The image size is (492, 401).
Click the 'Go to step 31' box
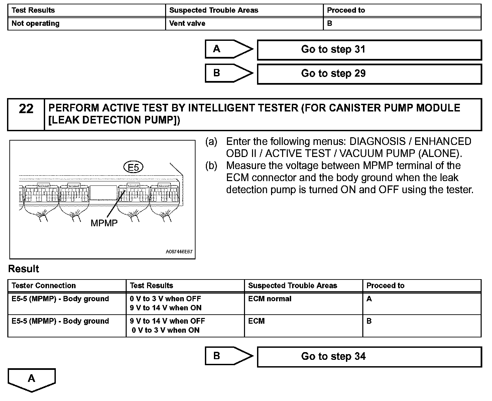369,50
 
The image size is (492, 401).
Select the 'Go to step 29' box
369,74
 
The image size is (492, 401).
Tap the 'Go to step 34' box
369,357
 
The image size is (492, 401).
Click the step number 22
26,109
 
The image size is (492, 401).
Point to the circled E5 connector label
133,167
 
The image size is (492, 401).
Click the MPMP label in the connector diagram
104,223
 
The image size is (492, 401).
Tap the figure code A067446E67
179,252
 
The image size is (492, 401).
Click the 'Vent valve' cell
187,23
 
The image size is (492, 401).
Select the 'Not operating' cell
35,23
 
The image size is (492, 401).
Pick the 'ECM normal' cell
270,299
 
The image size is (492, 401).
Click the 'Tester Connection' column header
43,286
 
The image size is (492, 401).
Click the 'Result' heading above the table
23,269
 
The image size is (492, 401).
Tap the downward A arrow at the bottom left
31,379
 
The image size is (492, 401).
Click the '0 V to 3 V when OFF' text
165,299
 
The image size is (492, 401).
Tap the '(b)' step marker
211,166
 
